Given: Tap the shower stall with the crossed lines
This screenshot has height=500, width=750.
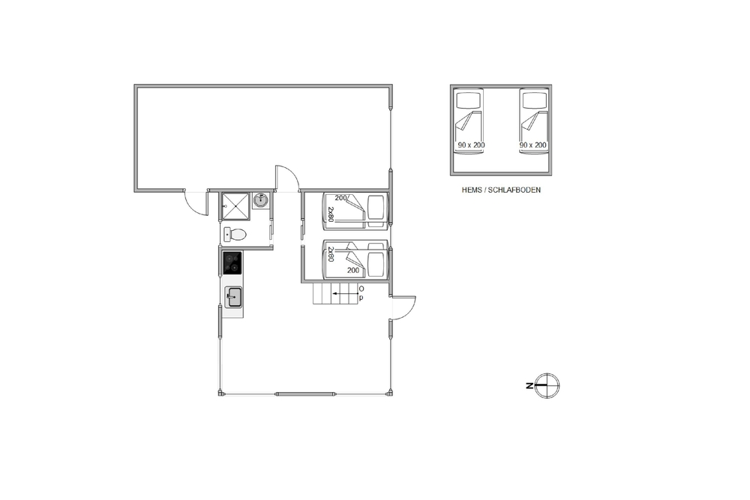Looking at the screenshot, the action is click(235, 205).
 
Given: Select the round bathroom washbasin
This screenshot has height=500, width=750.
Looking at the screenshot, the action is click(261, 200).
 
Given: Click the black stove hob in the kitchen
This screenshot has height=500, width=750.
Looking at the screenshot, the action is click(232, 263).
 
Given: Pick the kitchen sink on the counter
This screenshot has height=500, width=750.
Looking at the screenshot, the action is click(233, 297).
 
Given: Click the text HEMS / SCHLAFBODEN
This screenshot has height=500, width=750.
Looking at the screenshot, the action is click(501, 190).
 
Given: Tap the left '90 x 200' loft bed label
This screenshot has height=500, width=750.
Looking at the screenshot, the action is click(471, 145).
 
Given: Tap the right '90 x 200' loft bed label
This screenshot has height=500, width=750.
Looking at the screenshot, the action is click(532, 145).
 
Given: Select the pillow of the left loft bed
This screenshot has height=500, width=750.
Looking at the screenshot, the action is click(468, 100).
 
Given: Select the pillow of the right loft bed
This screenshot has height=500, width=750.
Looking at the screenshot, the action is click(534, 100).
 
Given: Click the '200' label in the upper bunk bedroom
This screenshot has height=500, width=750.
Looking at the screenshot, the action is click(340, 198).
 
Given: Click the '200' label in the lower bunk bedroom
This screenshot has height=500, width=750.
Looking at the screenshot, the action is click(353, 270).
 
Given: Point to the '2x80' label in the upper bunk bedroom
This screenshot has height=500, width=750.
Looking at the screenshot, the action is click(330, 214).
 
